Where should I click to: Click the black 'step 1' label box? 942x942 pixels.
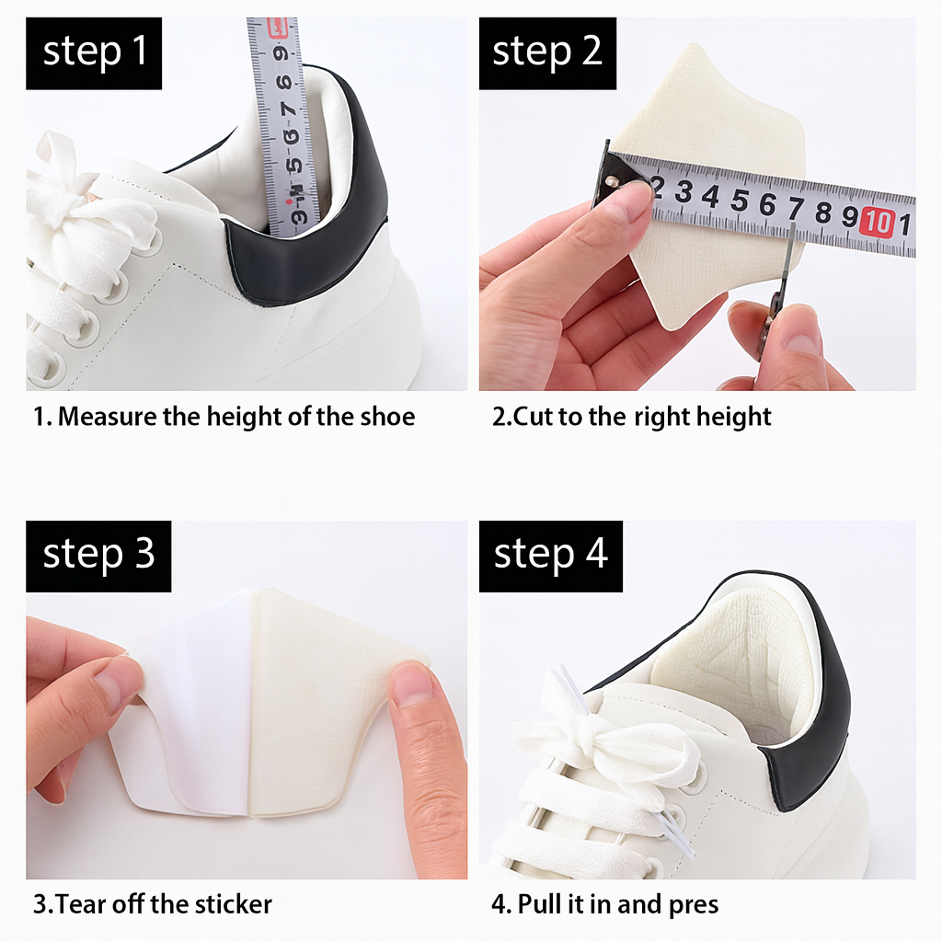[94, 52]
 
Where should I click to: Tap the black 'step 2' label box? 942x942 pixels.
[546, 52]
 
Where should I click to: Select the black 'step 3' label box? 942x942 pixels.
[98, 556]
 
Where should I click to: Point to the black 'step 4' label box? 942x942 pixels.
[550, 556]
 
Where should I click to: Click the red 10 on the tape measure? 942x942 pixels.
[879, 222]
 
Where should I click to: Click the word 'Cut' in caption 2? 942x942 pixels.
[533, 417]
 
